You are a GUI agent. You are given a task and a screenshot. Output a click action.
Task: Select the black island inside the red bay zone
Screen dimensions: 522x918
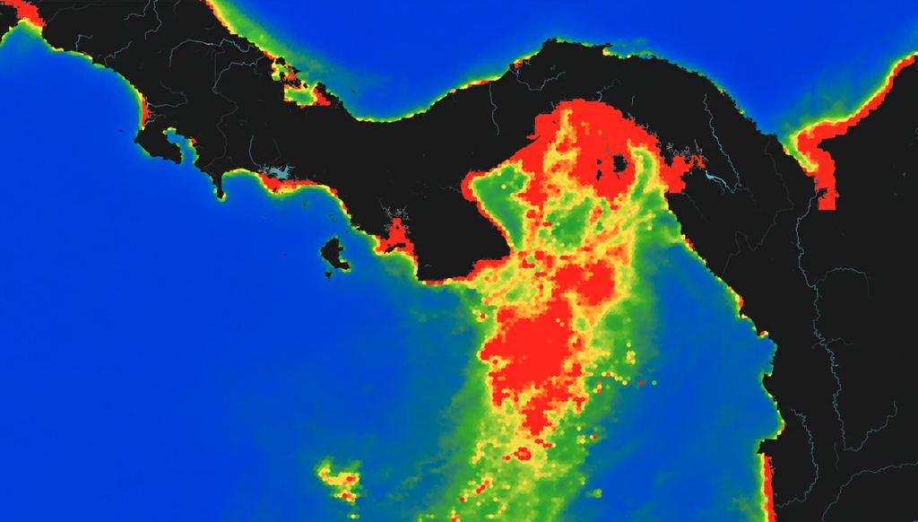[x=619, y=164]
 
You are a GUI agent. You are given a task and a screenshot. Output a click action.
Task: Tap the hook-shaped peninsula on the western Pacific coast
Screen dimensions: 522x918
[x=157, y=148]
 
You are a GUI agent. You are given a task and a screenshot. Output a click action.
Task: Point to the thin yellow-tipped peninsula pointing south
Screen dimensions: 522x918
[x=219, y=187]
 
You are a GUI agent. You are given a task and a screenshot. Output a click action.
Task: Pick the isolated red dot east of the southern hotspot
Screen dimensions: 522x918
[x=641, y=383]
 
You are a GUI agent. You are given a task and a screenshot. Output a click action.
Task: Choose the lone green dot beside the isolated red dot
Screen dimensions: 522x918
[x=654, y=383]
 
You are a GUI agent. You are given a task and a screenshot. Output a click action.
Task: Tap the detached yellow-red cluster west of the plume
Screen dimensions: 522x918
[x=340, y=479]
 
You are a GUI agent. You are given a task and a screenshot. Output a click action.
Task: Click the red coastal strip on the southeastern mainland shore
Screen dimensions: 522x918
[x=768, y=484]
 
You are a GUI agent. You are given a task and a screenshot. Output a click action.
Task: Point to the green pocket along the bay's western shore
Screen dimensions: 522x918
[x=498, y=202]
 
